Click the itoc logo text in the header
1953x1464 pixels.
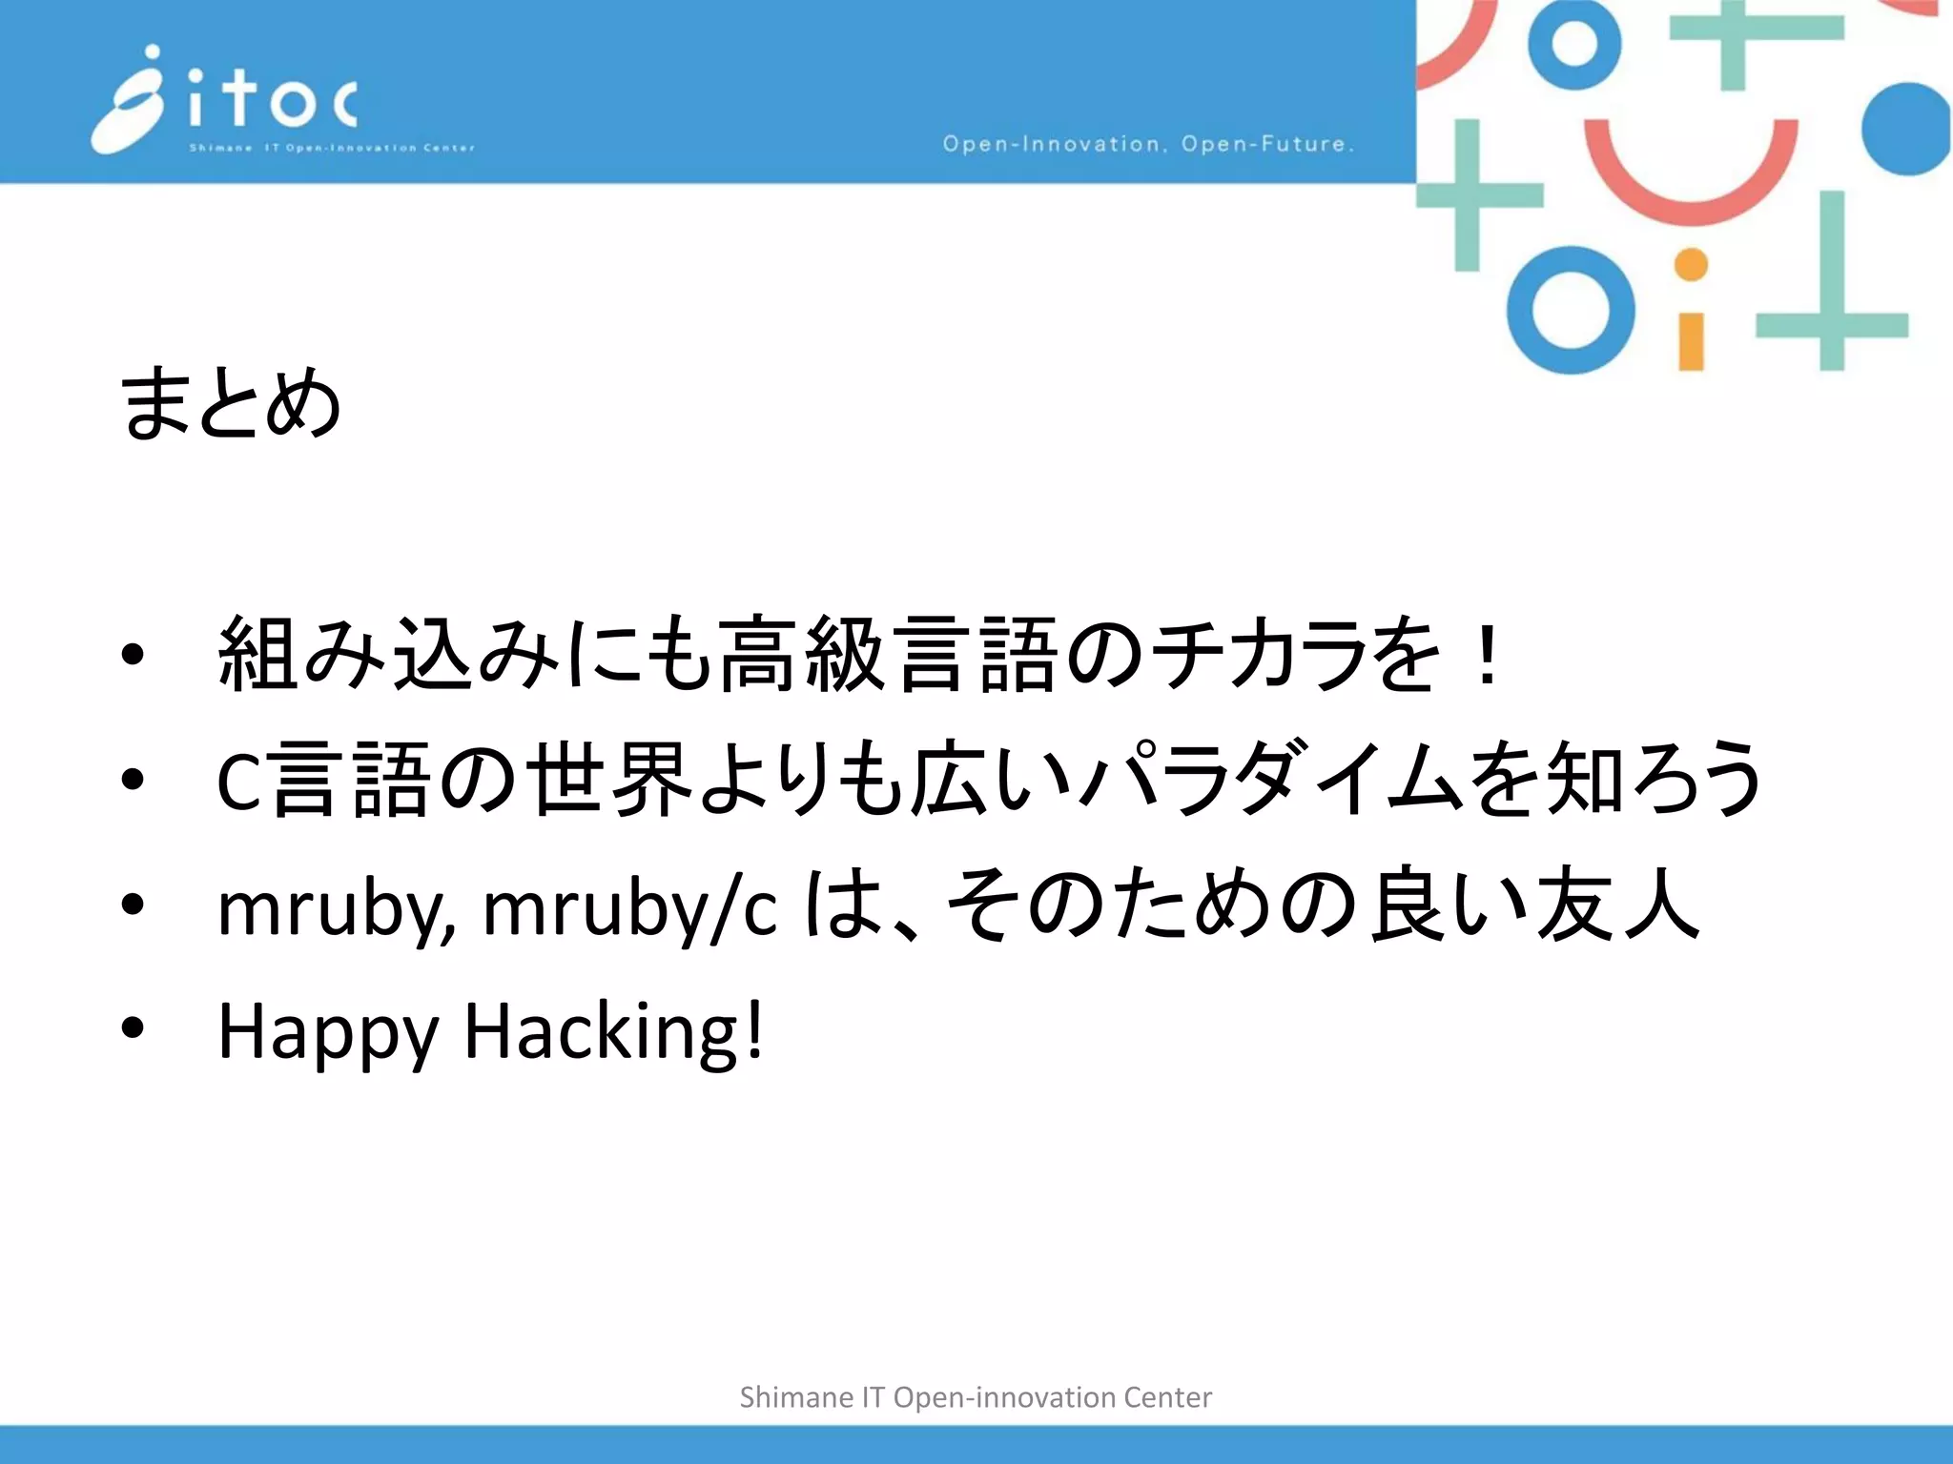coord(272,100)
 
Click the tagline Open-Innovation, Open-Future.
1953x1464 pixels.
coord(1148,144)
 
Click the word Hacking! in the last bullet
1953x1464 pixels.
coord(614,1031)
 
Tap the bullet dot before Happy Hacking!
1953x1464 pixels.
coord(133,1027)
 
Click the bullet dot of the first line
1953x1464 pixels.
coord(133,654)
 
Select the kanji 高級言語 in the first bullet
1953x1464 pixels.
coord(887,654)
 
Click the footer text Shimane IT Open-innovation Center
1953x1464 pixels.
coord(976,1397)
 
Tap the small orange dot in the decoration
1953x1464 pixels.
coord(1691,265)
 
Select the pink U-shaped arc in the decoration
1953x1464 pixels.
coord(1691,176)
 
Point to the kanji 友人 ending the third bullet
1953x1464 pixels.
coord(1616,905)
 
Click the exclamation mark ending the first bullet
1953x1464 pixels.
coord(1485,654)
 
